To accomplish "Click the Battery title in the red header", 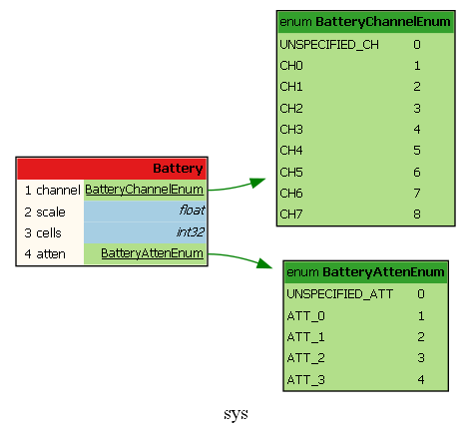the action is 178,169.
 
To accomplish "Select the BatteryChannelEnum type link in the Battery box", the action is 144,190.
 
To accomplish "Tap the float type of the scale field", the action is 192,211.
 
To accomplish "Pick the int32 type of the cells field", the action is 191,231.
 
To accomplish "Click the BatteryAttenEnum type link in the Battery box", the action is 152,253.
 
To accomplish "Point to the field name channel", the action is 58,191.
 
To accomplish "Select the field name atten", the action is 51,254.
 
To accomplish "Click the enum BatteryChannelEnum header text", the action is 365,22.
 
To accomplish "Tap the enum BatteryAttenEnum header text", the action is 365,272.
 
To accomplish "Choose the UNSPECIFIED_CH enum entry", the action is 329,45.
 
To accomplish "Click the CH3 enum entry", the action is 291,130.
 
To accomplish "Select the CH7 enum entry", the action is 291,215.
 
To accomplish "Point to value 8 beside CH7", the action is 417,215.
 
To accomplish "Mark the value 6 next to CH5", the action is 417,173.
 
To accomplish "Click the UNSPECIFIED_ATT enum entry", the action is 340,294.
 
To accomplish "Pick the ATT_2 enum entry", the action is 305,358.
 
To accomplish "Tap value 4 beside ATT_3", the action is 421,379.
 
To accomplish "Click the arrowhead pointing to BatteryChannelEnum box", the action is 257,183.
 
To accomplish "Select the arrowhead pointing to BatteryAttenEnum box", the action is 264,263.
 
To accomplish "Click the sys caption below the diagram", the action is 235,414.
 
